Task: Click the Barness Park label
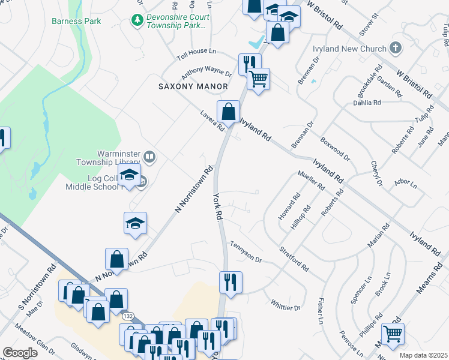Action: (x=76, y=21)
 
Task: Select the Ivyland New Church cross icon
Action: (x=395, y=47)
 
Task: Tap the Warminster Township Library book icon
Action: (x=149, y=157)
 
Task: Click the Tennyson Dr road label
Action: (x=246, y=252)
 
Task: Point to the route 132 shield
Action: (x=127, y=316)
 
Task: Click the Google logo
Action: (x=20, y=353)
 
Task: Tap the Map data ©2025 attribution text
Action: (x=423, y=355)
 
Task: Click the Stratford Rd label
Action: (x=294, y=258)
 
